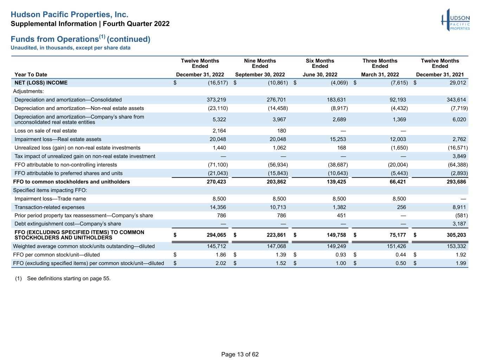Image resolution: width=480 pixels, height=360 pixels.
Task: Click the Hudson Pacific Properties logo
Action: click(x=455, y=20)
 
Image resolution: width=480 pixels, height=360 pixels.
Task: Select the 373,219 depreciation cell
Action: click(x=216, y=100)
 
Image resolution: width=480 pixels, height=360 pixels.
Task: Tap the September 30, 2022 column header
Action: click(x=260, y=75)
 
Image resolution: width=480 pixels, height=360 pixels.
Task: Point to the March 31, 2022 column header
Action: click(x=380, y=75)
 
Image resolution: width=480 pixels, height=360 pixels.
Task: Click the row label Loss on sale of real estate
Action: click(x=45, y=131)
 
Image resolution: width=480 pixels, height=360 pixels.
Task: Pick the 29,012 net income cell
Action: click(x=458, y=83)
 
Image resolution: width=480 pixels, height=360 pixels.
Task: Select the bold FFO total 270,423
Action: click(x=216, y=182)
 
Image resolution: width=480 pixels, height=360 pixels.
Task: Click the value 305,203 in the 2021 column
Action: click(x=456, y=235)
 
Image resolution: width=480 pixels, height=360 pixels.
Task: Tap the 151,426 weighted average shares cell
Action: click(x=396, y=246)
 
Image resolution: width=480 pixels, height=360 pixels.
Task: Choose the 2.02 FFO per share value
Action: click(x=220, y=263)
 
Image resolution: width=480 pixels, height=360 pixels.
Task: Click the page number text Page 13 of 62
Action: click(x=240, y=354)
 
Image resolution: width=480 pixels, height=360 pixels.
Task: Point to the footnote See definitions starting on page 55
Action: click(x=69, y=278)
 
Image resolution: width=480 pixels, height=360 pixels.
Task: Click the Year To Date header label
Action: click(x=31, y=75)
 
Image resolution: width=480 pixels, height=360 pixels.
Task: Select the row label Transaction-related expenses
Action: click(x=50, y=207)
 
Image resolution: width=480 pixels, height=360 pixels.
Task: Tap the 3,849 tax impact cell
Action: click(x=459, y=156)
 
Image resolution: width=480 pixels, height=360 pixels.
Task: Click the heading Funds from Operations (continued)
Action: click(x=81, y=39)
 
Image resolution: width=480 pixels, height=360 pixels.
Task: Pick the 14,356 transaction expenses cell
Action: click(x=218, y=207)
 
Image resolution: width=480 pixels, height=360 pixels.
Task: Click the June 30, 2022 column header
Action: click(x=320, y=75)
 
